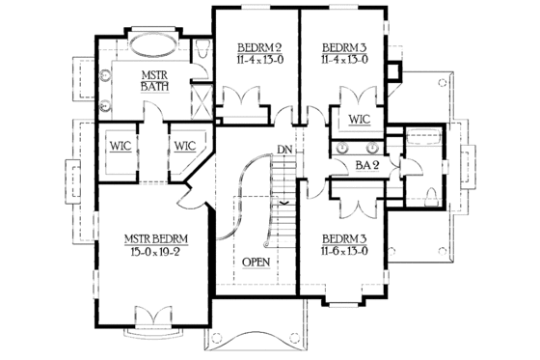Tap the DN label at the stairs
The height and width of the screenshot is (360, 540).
pos(283,150)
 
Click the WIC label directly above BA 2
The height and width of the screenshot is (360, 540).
pos(360,120)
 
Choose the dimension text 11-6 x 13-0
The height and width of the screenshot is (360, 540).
pos(350,250)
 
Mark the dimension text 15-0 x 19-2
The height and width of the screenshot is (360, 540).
pos(154,251)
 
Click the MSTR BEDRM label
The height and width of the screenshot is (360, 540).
pos(154,237)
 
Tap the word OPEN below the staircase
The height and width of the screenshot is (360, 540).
pos(256,262)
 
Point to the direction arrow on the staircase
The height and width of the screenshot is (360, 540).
pos(284,204)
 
